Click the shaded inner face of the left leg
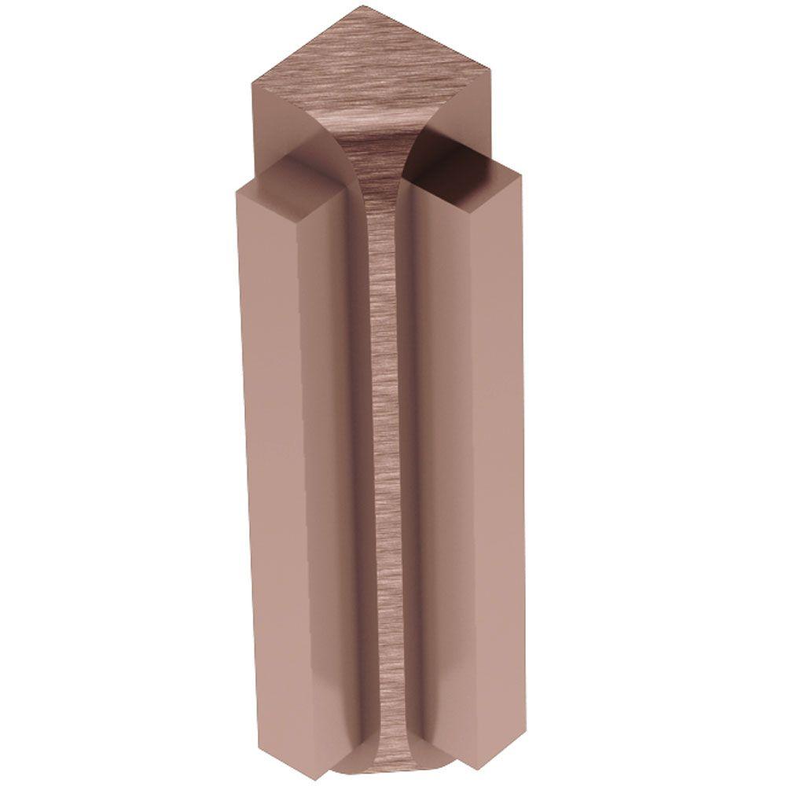point(346,472)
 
